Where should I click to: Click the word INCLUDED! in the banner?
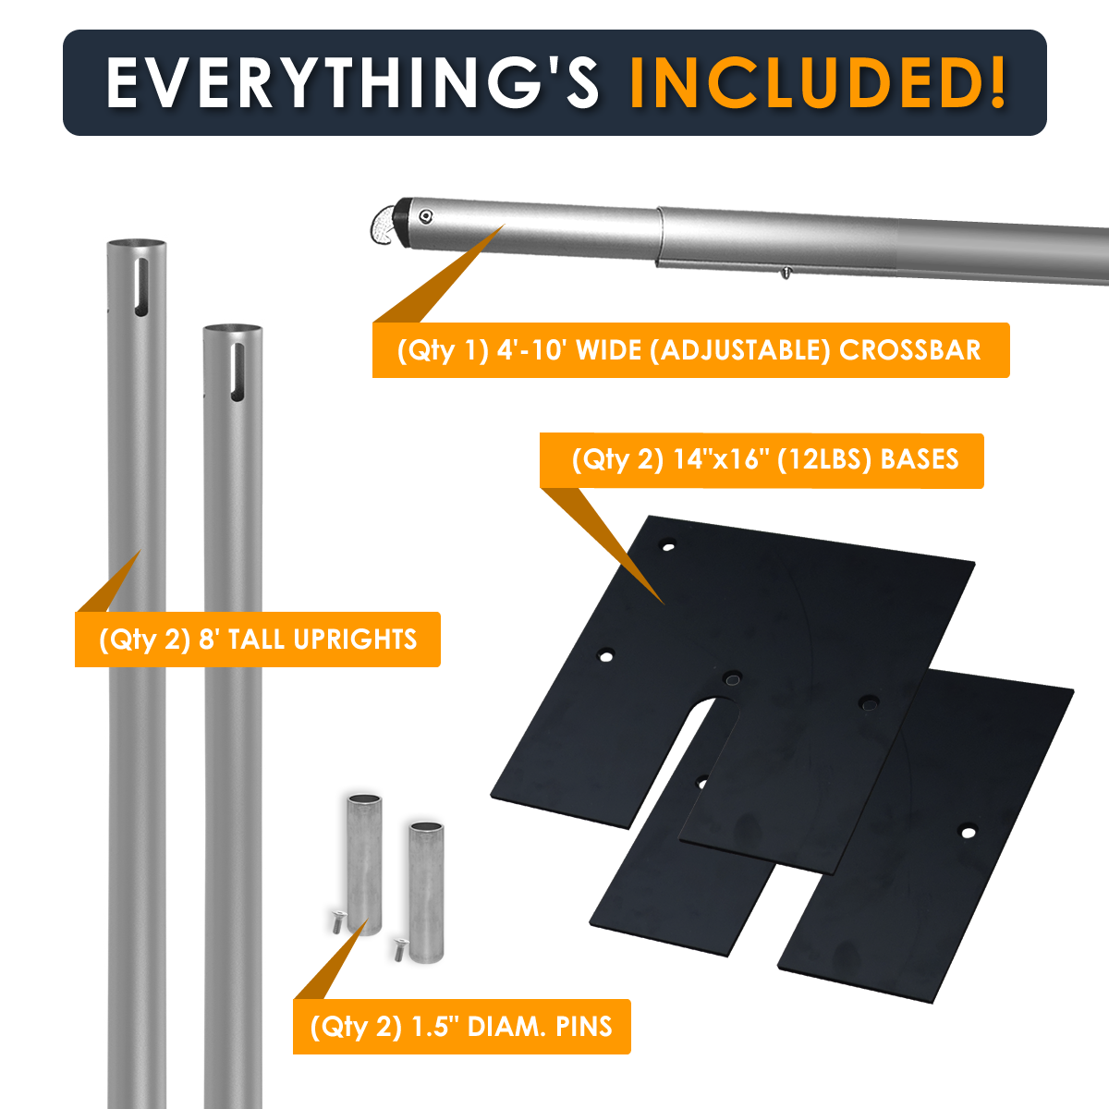tap(818, 83)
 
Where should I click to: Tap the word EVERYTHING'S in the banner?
tap(352, 83)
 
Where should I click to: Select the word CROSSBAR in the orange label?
tap(910, 350)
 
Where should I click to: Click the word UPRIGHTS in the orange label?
tap(355, 640)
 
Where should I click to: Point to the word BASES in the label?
tap(920, 460)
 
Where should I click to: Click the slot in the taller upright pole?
tap(141, 287)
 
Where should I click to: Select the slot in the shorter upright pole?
tap(238, 372)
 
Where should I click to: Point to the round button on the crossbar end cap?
tap(425, 216)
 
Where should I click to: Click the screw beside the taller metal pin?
tap(338, 921)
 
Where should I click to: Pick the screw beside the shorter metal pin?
tap(400, 950)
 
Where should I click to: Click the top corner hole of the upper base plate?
tap(668, 545)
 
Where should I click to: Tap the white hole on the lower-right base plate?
tap(968, 832)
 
